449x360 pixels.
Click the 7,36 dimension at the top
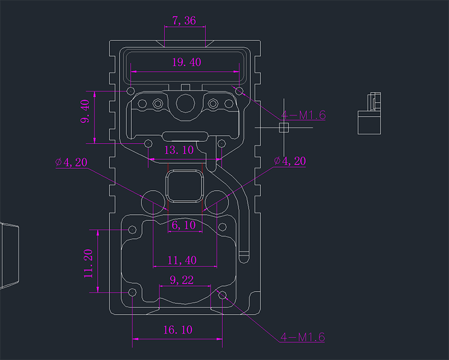tap(184, 21)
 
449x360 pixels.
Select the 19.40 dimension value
tap(186, 62)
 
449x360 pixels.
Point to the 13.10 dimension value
tap(178, 150)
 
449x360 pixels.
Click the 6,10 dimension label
tap(184, 225)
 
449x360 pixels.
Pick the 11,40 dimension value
tap(182, 260)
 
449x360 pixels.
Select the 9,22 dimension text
tap(181, 279)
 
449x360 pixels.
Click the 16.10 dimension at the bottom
tap(177, 330)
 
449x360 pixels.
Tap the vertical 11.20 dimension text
tap(89, 264)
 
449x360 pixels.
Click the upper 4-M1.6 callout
tap(303, 116)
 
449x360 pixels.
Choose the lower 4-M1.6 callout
tap(303, 337)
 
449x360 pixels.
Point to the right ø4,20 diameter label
tap(290, 161)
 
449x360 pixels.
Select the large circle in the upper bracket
tap(185, 103)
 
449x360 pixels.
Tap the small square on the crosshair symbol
tap(283, 128)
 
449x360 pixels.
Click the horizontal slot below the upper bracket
tap(185, 136)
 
